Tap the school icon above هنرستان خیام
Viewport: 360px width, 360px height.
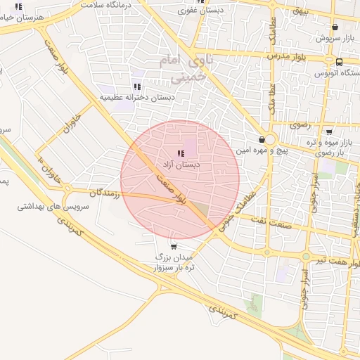pos(18,8)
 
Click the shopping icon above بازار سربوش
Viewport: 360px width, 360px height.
pos(335,28)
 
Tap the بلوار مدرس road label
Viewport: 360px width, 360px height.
pos(289,55)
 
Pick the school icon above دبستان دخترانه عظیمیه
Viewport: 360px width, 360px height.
pos(137,86)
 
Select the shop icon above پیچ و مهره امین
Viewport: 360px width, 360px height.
pos(262,139)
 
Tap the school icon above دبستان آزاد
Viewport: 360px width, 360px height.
pos(181,153)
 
